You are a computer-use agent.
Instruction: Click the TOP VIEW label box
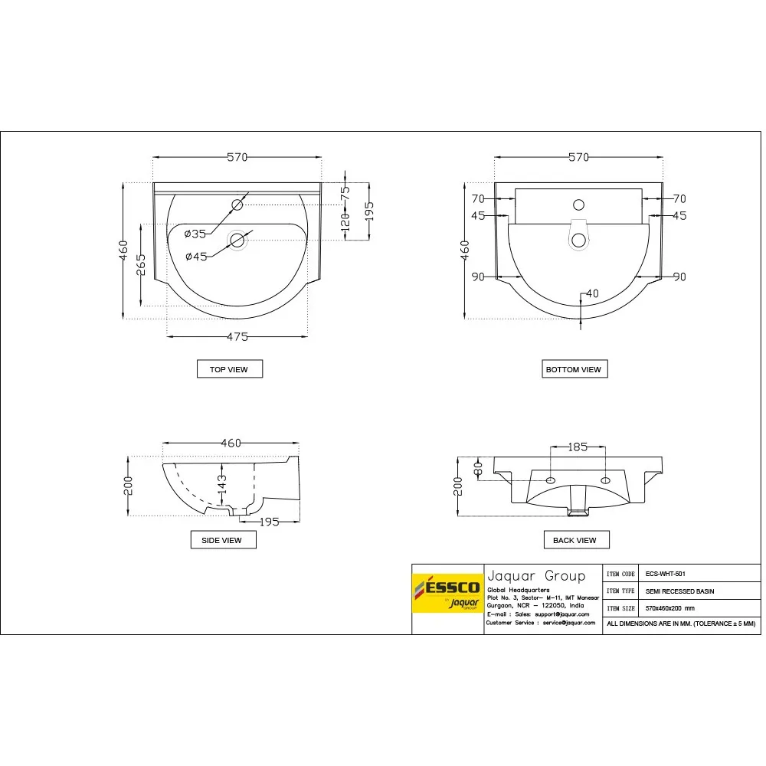point(229,369)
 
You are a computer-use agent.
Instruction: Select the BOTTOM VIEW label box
point(573,369)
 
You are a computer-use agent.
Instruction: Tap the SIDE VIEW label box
point(221,540)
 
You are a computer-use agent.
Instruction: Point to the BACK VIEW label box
point(574,540)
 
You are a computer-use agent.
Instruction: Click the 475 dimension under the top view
point(237,337)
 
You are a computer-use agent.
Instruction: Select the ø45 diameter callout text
point(195,257)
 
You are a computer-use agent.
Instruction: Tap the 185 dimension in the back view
point(578,446)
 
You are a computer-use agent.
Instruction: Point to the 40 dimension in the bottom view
point(591,293)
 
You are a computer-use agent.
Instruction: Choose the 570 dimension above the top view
point(237,157)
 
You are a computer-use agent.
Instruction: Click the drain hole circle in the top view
point(237,241)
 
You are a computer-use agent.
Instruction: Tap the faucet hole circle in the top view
point(237,205)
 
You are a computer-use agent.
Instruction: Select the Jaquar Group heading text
point(535,576)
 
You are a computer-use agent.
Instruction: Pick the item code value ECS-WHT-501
point(665,573)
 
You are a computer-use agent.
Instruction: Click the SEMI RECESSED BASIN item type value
point(679,591)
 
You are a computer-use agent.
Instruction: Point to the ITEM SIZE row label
point(620,608)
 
